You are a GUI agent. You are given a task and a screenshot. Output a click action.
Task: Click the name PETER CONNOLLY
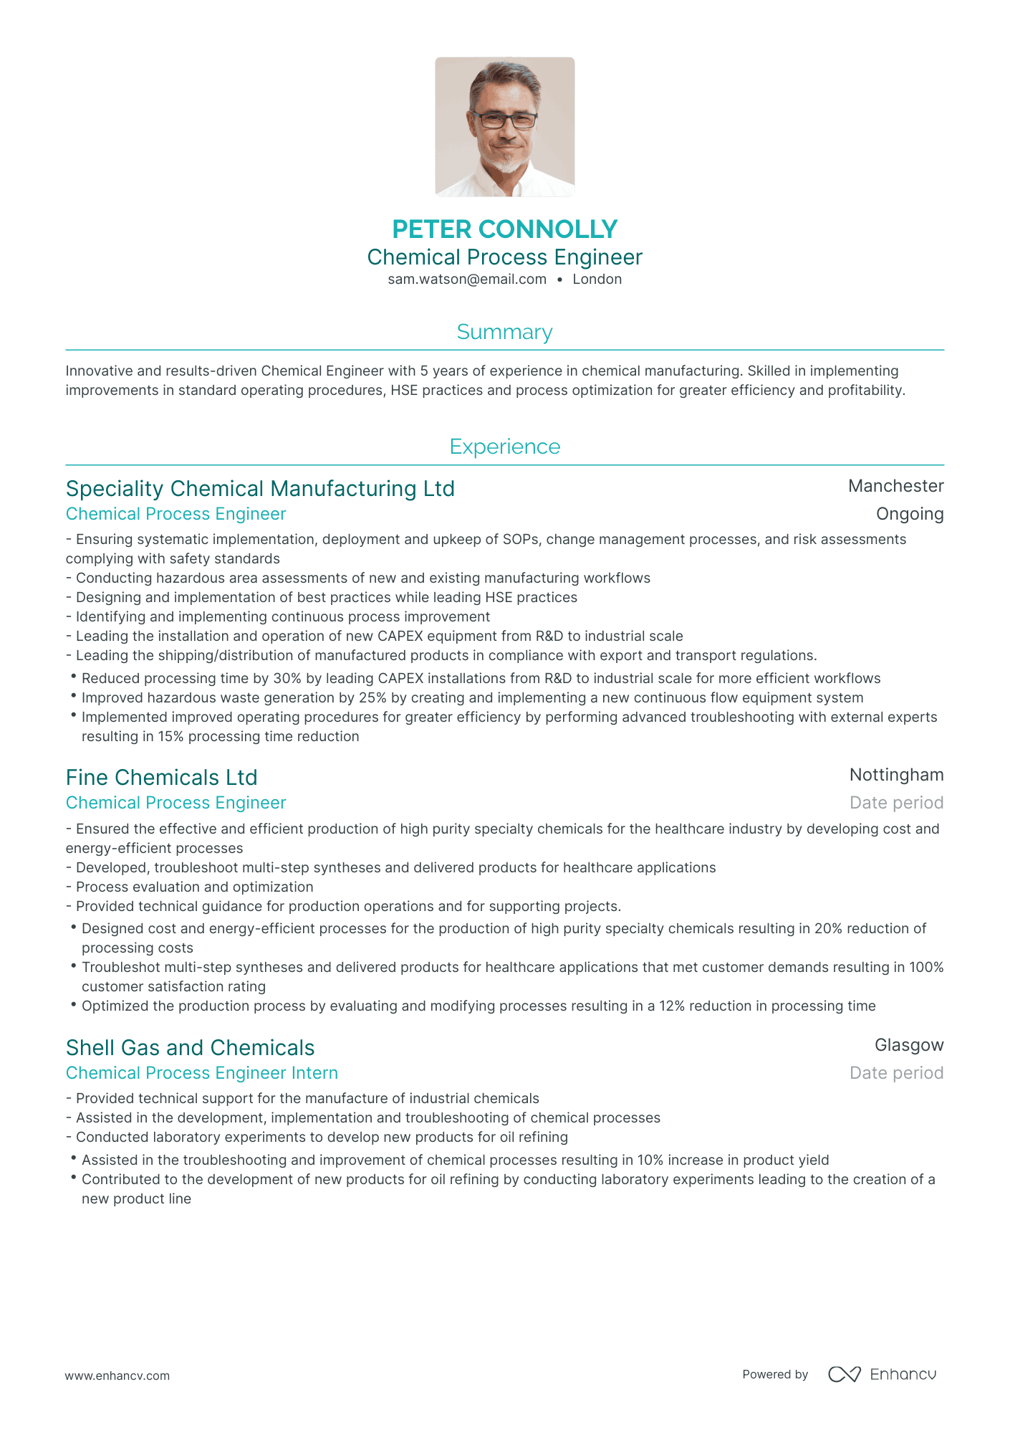point(504,229)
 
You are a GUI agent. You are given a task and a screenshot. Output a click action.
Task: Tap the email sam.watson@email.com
point(467,280)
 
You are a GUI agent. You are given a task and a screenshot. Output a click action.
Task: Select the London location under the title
point(597,280)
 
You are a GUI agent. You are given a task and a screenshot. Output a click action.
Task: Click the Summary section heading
point(504,332)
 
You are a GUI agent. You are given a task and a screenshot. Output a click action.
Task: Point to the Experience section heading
point(504,447)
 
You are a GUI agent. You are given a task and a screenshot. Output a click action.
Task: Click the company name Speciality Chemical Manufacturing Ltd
point(260,489)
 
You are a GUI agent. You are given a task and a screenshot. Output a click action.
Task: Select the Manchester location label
point(895,486)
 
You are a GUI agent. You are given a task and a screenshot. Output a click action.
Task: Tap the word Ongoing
point(910,514)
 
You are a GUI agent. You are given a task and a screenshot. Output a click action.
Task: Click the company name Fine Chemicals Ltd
point(161,778)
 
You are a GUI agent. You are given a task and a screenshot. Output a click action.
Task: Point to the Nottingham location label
point(896,775)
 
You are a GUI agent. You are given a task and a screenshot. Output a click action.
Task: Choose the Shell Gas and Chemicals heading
point(190,1048)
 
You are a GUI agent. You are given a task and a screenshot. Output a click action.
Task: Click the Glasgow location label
point(909,1045)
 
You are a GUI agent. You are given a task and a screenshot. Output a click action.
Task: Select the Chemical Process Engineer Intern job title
point(202,1073)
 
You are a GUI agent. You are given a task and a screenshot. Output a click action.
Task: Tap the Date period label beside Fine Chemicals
point(896,803)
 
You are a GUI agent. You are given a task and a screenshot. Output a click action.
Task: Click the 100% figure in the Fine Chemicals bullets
point(926,967)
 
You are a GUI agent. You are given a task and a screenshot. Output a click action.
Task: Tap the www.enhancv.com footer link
point(117,1376)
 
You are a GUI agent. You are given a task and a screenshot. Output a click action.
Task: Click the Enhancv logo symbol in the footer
point(844,1374)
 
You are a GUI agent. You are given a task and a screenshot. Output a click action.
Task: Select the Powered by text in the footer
point(775,1374)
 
